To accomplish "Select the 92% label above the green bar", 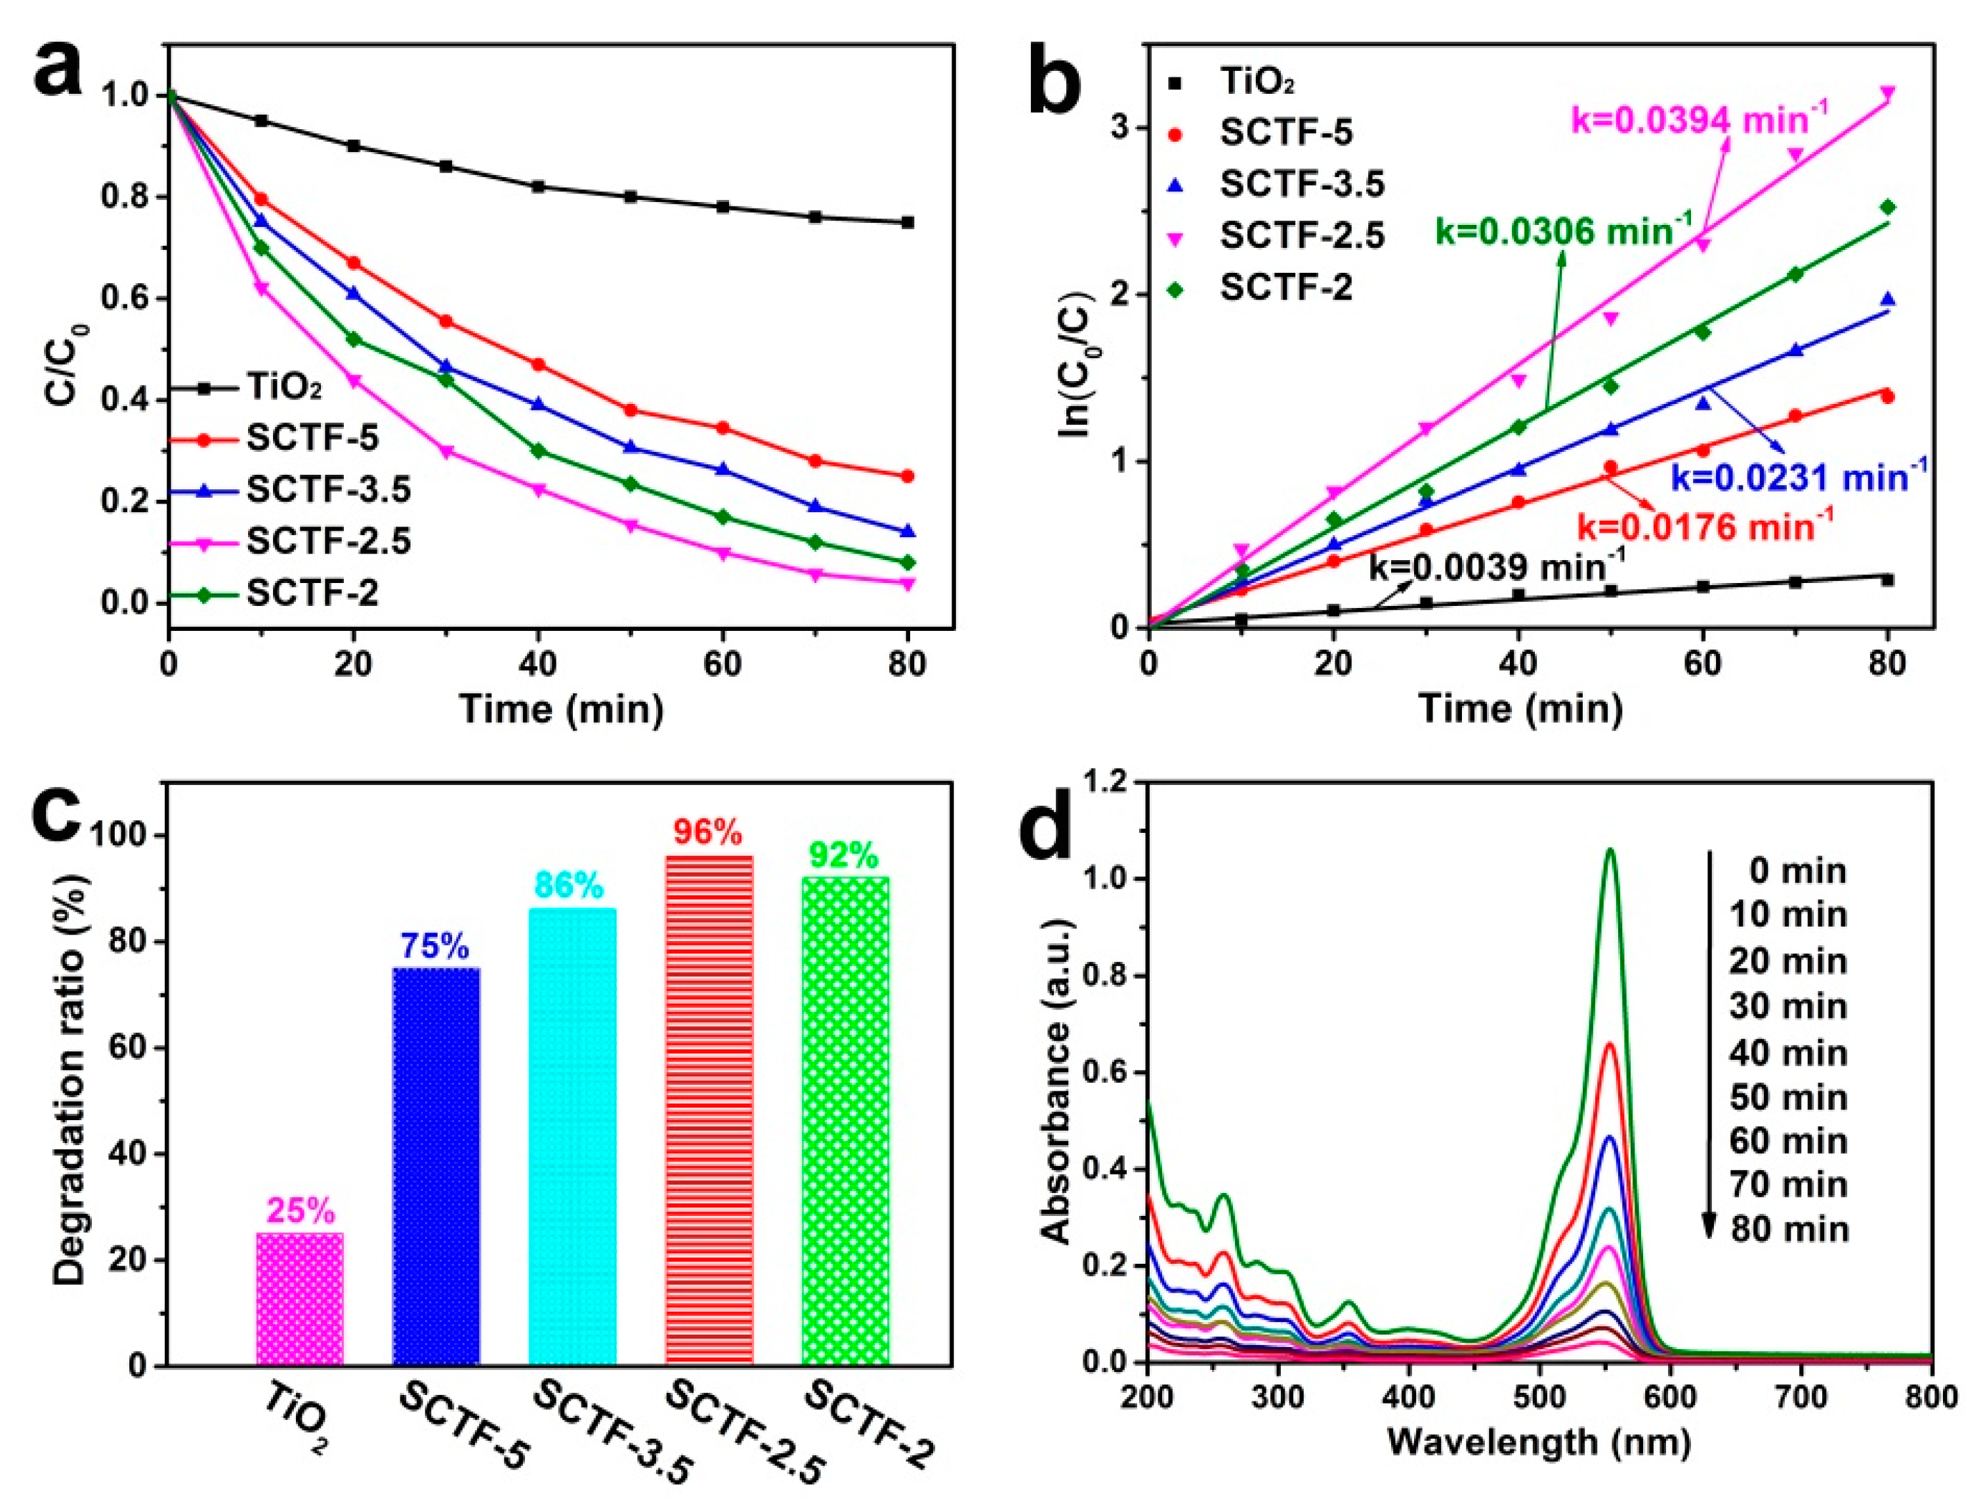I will point(843,855).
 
